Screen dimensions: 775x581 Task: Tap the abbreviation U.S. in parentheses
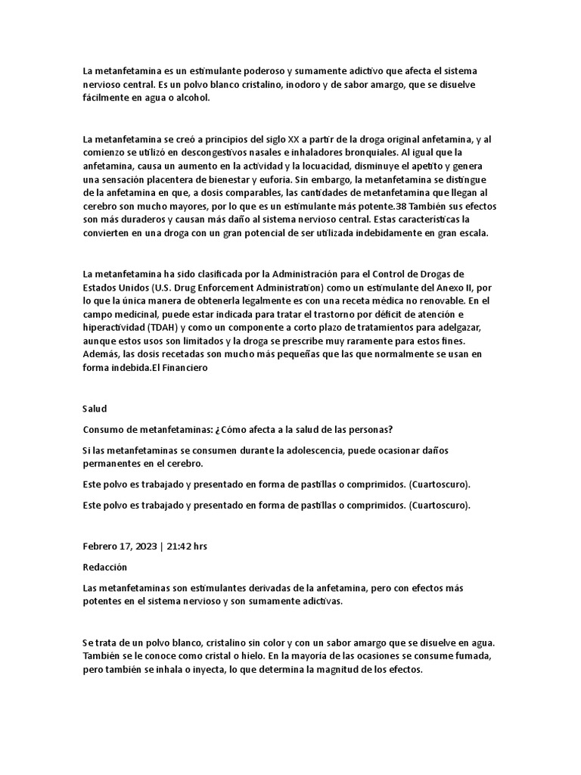pyautogui.click(x=164, y=288)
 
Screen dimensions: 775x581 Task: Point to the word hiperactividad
pyautogui.click(x=114, y=328)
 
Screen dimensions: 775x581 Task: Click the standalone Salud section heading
pyautogui.click(x=95, y=409)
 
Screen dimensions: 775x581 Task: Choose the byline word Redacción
pyautogui.click(x=104, y=567)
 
